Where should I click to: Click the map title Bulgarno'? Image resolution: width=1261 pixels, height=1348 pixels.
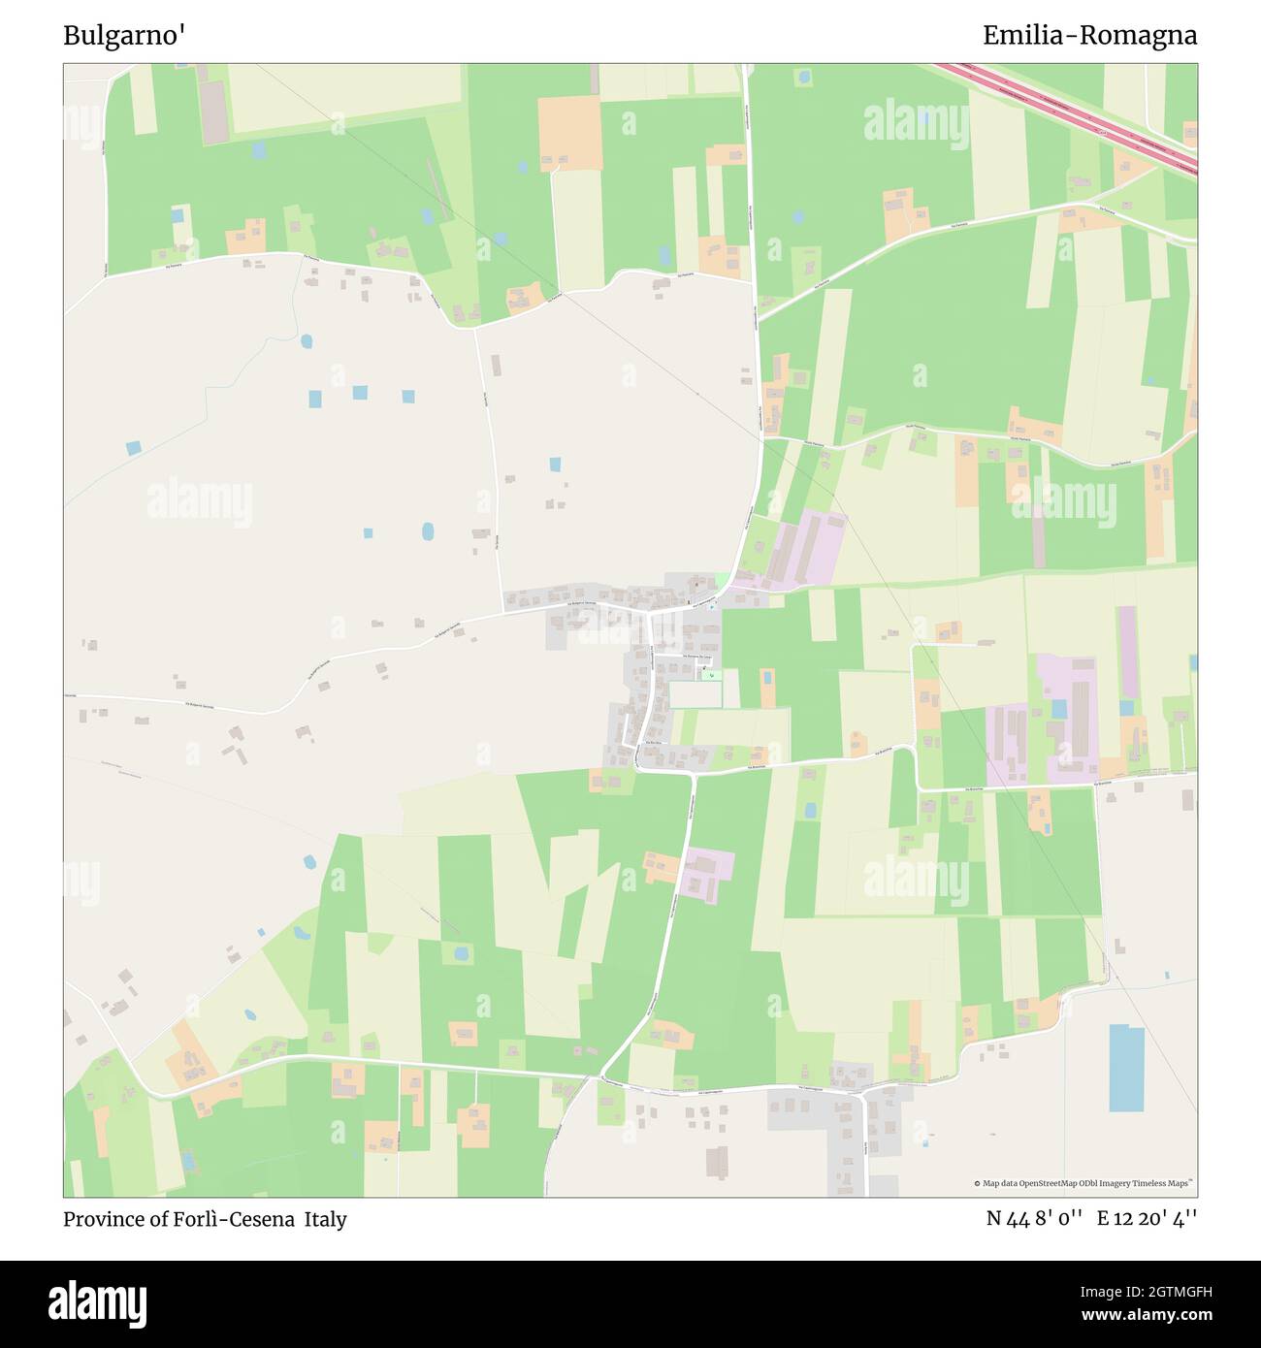point(124,36)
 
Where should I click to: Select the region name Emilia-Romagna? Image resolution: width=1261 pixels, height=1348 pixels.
point(1089,36)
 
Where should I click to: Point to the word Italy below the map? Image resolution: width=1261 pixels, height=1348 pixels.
point(325,1219)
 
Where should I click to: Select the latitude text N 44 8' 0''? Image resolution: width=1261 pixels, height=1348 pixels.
point(1034,1219)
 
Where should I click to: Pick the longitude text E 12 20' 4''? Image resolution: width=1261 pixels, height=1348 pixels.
point(1147,1219)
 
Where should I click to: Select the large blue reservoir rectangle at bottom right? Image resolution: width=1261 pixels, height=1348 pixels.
point(1126,1068)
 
